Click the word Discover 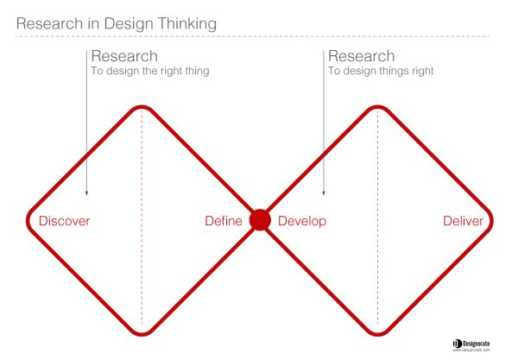click(x=64, y=221)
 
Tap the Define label click(x=224, y=221)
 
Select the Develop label click(x=302, y=221)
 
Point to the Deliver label click(x=463, y=221)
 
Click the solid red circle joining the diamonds click(x=260, y=220)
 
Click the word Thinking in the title click(x=187, y=24)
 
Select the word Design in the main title click(x=129, y=24)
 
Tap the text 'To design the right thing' click(x=150, y=71)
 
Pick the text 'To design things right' click(x=381, y=71)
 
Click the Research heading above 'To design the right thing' click(x=124, y=56)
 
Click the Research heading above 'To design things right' click(x=362, y=56)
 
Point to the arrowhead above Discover click(x=86, y=193)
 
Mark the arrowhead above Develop click(x=324, y=193)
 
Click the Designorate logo click(x=471, y=345)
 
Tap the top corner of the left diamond click(x=142, y=107)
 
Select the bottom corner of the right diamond click(x=377, y=334)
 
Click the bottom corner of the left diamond click(x=142, y=334)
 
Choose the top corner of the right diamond click(x=377, y=107)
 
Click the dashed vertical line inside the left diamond click(x=142, y=218)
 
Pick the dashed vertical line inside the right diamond click(x=377, y=218)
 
